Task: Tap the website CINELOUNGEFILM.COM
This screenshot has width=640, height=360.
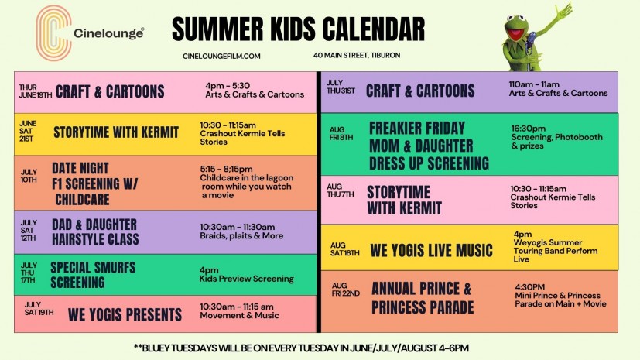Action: click(x=221, y=57)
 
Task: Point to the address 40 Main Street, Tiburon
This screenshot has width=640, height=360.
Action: click(x=357, y=55)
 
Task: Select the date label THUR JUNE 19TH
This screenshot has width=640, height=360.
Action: click(x=35, y=91)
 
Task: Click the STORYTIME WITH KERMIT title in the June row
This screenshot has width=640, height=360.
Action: click(x=116, y=132)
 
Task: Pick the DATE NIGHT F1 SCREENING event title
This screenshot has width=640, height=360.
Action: click(x=94, y=183)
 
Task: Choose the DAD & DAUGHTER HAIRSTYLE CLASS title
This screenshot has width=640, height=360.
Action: click(x=95, y=231)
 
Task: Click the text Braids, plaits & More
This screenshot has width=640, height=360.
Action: click(x=241, y=236)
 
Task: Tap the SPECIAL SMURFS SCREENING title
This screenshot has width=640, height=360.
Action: click(x=93, y=275)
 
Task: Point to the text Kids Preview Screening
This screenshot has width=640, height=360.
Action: click(x=247, y=279)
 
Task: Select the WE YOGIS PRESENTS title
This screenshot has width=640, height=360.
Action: click(x=125, y=314)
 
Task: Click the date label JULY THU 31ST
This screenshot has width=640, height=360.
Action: click(x=341, y=87)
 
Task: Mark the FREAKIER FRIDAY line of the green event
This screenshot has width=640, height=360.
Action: click(x=416, y=129)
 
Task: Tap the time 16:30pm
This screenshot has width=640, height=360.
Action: click(x=528, y=129)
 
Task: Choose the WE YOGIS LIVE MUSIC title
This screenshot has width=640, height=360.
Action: click(x=431, y=251)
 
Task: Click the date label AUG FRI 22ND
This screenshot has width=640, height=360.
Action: click(x=346, y=290)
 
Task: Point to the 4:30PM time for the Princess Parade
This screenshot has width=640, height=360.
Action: click(x=530, y=287)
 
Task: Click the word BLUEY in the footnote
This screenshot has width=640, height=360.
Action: click(x=155, y=348)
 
